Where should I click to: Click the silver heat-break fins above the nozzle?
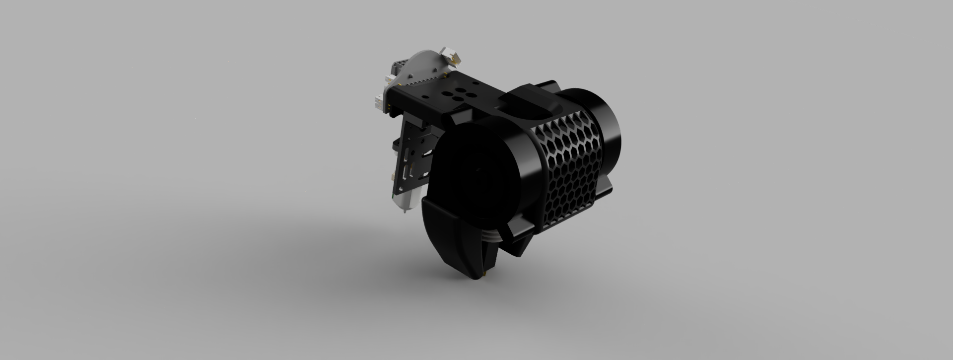pyautogui.click(x=491, y=238)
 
